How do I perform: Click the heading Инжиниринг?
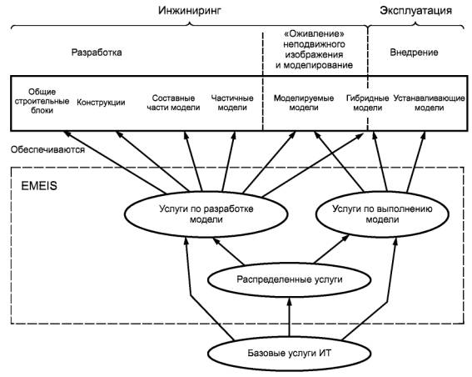pos(190,11)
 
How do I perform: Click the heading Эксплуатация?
pos(415,11)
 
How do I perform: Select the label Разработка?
pos(97,53)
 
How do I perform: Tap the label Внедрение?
pos(414,53)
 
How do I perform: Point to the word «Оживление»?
pos(314,33)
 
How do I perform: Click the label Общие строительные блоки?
pos(42,101)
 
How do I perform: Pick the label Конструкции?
pos(101,103)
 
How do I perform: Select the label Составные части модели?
pos(173,103)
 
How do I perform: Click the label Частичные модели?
pos(232,103)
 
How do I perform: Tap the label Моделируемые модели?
pos(304,103)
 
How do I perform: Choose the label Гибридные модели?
pos(368,103)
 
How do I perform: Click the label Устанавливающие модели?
pos(430,103)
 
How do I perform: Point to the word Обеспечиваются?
pos(47,149)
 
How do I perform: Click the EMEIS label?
pos(39,186)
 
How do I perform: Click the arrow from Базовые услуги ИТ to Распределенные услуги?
pos(290,317)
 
